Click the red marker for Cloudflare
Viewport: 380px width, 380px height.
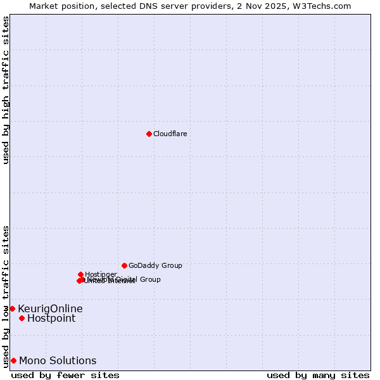click(149, 134)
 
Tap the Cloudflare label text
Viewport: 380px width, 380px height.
click(170, 134)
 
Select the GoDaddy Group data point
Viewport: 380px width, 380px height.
click(124, 265)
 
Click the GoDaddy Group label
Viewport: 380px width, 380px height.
click(155, 265)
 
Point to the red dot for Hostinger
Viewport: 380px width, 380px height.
click(80, 274)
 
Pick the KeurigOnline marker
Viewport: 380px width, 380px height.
click(12, 308)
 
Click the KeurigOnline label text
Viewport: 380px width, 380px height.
click(50, 308)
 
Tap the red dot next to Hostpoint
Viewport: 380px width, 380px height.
click(22, 318)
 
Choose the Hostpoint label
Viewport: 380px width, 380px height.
click(51, 318)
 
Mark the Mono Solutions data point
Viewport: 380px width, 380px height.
click(13, 360)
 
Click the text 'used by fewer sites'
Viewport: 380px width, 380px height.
click(65, 376)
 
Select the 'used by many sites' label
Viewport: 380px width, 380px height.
click(318, 376)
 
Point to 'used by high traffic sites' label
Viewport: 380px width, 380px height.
click(6, 90)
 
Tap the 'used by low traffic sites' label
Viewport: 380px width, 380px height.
click(6, 296)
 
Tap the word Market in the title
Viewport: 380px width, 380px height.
click(44, 6)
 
